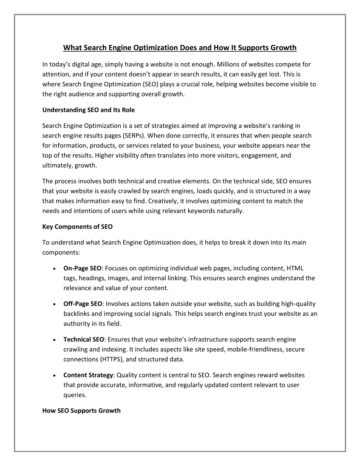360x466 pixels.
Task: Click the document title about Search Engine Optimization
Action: point(180,47)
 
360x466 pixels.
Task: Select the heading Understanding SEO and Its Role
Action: point(88,110)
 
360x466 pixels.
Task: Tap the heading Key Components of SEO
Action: point(77,226)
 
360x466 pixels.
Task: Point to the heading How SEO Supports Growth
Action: point(81,410)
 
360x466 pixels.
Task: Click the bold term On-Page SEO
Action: point(82,268)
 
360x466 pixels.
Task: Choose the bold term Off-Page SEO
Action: point(83,304)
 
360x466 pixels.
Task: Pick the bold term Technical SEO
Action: point(84,339)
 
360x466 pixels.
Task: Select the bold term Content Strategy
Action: point(88,375)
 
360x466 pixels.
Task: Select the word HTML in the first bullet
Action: point(295,268)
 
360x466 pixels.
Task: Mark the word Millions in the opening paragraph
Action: point(229,64)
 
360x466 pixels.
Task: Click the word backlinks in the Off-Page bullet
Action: point(76,314)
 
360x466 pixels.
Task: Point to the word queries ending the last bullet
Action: point(75,395)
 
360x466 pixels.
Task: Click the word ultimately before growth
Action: point(58,165)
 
